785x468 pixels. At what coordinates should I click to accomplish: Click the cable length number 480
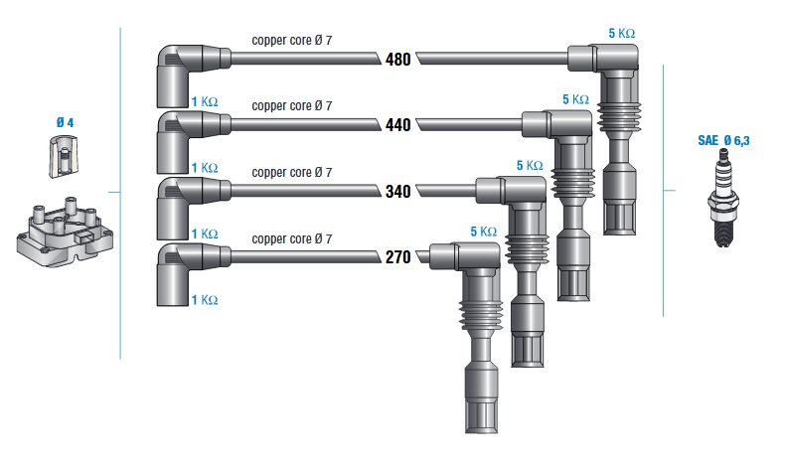coord(398,59)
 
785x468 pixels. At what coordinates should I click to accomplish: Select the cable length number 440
coord(398,124)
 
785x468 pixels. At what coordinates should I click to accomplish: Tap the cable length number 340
coord(398,191)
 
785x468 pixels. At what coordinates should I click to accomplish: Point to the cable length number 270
coord(398,256)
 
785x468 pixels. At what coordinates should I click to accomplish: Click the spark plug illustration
coord(723,198)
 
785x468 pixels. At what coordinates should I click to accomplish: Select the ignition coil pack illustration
coord(65,232)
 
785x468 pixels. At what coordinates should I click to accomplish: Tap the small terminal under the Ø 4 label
coord(63,157)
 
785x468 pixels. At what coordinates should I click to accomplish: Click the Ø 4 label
coord(65,122)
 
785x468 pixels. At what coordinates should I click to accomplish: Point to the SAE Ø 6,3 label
coord(724,141)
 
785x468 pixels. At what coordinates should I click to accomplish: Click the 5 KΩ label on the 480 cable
coord(622,33)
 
